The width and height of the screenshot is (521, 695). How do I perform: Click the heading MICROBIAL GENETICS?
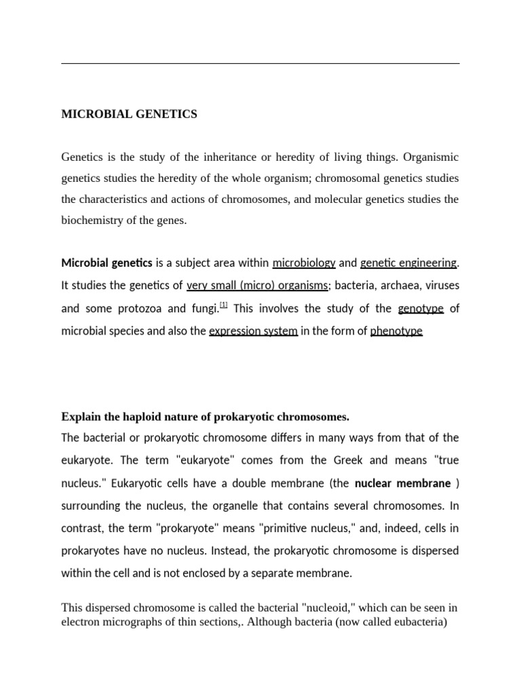tap(129, 114)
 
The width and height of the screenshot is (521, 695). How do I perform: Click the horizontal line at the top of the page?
tap(260, 64)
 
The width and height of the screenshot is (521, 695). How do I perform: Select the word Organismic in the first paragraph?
tap(431, 157)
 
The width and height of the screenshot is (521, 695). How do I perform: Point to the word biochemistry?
tap(91, 221)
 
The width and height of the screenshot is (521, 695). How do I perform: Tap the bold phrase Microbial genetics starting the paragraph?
tap(107, 263)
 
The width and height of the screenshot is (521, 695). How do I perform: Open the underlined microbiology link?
tap(304, 263)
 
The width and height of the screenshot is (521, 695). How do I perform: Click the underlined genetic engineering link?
tap(408, 263)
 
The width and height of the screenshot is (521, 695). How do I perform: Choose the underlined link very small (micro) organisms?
tap(257, 286)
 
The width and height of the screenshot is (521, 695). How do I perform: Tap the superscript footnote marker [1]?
tap(224, 306)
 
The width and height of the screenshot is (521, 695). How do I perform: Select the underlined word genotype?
tap(421, 309)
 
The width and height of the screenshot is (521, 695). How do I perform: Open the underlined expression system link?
tap(253, 331)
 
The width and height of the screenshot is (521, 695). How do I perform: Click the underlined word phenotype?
tap(396, 331)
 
